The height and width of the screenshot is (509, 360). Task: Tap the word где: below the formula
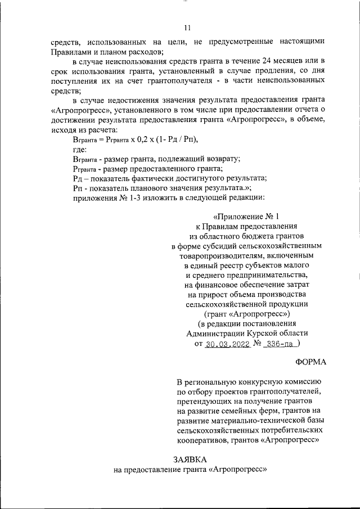80,150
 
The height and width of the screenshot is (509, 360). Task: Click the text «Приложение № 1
246,215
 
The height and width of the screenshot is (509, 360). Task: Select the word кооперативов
201,441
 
